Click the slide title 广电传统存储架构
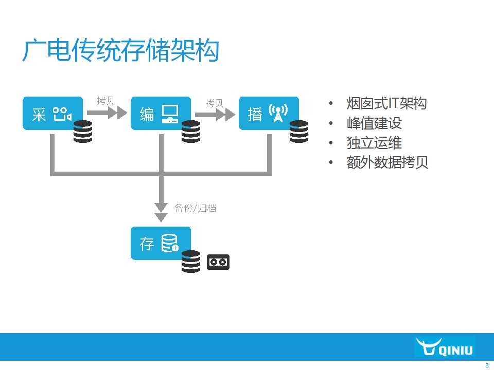(120, 50)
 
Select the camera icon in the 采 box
(62, 114)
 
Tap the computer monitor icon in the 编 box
(170, 114)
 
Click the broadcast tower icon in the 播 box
(278, 113)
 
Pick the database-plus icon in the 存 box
(170, 243)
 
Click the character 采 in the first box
(39, 114)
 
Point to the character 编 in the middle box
(147, 114)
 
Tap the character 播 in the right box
(255, 114)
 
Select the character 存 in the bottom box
(147, 244)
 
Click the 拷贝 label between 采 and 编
(105, 101)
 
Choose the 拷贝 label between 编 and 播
(214, 103)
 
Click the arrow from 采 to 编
(107, 113)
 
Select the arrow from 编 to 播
(215, 115)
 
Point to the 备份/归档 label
(196, 208)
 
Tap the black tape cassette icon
(218, 262)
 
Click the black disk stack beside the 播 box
(299, 132)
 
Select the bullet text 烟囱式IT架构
(386, 103)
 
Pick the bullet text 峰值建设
(374, 123)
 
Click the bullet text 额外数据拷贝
(387, 162)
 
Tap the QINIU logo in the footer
(445, 347)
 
